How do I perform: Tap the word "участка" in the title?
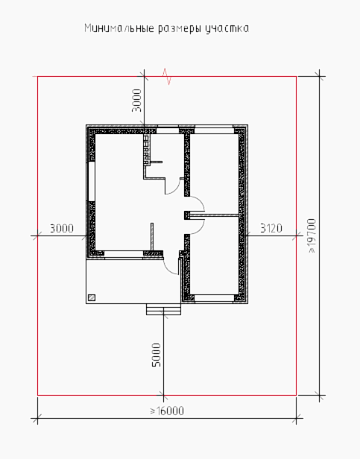tap(227, 29)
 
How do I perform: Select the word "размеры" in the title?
tap(180, 29)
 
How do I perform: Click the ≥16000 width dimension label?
tap(167, 411)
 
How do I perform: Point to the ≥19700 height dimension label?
tap(312, 235)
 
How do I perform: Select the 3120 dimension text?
tap(271, 228)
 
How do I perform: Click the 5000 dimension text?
tap(157, 355)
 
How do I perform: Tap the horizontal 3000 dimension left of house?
tap(62, 228)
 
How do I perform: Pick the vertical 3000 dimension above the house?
tap(136, 101)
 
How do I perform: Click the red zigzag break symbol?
tap(167, 77)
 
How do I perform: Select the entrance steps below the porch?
tap(163, 309)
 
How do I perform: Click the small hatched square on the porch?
tap(92, 297)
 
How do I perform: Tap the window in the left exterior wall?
tap(92, 181)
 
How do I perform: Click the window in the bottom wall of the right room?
tap(214, 298)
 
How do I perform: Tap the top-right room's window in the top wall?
tap(214, 130)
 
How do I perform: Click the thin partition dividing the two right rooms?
tap(214, 215)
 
